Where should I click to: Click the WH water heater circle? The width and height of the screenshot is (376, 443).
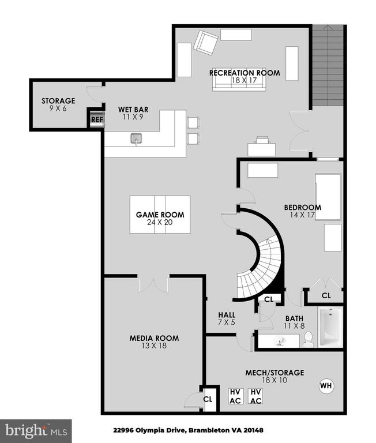tap(326, 386)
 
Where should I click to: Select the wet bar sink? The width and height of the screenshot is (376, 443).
tap(136, 138)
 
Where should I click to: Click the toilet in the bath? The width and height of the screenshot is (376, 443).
tap(307, 339)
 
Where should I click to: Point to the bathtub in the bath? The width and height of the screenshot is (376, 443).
tap(330, 327)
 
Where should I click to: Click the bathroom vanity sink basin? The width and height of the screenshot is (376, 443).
tap(280, 341)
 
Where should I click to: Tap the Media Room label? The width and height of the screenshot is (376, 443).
tap(154, 338)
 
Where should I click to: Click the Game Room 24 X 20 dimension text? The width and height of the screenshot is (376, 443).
tap(160, 222)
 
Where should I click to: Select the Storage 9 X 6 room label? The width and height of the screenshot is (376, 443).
tap(58, 104)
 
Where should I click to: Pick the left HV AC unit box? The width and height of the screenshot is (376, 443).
tap(235, 396)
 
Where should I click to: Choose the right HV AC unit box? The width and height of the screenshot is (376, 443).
tap(255, 396)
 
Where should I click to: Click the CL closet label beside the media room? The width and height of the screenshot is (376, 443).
tap(208, 399)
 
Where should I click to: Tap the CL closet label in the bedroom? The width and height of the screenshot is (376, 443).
tap(326, 295)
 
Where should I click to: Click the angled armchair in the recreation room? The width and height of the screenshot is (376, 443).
tap(206, 43)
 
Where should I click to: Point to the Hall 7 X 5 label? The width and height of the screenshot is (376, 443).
tap(227, 318)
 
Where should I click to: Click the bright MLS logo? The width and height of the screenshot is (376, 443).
tap(36, 431)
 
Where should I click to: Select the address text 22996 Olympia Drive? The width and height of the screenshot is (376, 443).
tap(149, 430)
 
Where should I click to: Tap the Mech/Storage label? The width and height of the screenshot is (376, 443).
tap(275, 373)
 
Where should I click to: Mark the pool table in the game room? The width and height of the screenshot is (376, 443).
tap(160, 215)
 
